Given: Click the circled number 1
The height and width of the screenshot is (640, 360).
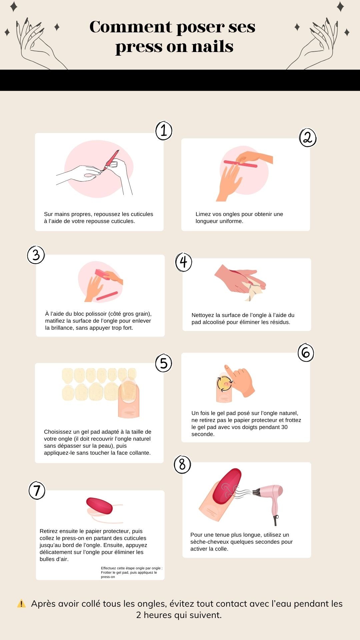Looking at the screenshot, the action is point(164,130).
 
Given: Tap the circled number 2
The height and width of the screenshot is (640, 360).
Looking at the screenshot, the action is point(308,138).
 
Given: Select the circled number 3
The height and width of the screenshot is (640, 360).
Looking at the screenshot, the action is point(36,255).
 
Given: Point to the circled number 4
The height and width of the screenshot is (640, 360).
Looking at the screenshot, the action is point(184,262).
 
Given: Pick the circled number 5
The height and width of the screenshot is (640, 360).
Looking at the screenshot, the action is point(164,363).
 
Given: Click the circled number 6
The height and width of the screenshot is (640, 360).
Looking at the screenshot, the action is point(306,353).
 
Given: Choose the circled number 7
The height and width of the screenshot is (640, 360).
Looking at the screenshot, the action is point(37,490).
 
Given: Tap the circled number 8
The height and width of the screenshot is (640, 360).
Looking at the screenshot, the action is point(182,464).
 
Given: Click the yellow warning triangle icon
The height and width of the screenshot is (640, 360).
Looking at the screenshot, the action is point(21,604).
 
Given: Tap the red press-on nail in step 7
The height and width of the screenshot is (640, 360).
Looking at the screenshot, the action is point(99,506).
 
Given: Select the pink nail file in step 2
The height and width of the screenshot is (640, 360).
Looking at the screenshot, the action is point(240,164).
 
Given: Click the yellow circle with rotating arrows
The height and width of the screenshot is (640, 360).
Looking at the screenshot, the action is point(225,383).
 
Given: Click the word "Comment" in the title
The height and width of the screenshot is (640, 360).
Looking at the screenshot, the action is point(131,27).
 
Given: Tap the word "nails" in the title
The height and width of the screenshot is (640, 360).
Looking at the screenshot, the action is point(212,46).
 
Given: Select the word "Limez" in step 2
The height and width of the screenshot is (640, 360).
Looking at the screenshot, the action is point(203,214).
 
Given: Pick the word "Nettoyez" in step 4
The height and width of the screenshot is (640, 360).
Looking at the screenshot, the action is point(203,315).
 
